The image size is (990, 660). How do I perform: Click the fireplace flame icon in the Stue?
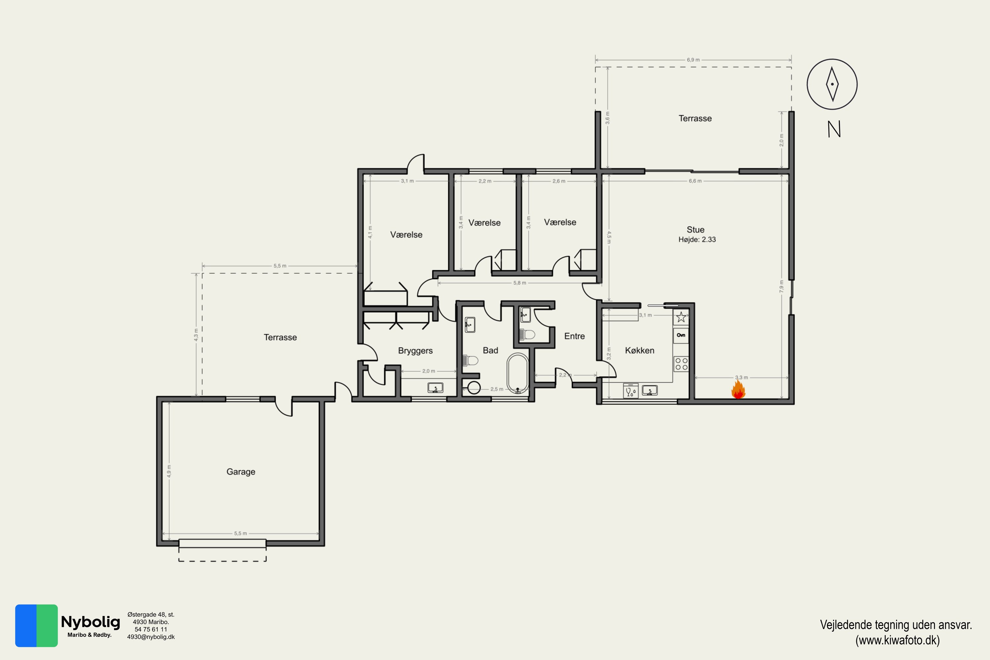[738, 389]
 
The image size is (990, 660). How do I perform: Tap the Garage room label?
[241, 472]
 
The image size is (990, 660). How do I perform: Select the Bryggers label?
[415, 350]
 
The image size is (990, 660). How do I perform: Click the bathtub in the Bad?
[518, 373]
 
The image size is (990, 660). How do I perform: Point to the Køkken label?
[640, 350]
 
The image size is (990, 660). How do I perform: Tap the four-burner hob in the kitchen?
[681, 364]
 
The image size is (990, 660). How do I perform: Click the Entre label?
[574, 336]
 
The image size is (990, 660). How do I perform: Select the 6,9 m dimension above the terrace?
[693, 60]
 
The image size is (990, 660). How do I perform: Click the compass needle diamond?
[832, 84]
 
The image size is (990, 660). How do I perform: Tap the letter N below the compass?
[834, 129]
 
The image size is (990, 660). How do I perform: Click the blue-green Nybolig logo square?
[36, 625]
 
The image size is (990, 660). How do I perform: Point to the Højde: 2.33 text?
[697, 240]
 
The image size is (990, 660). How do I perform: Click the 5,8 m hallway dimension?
[519, 283]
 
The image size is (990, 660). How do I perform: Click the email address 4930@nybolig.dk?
[151, 637]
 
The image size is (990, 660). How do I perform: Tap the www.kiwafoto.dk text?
[897, 641]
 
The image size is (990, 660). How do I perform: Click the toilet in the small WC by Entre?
[527, 335]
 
